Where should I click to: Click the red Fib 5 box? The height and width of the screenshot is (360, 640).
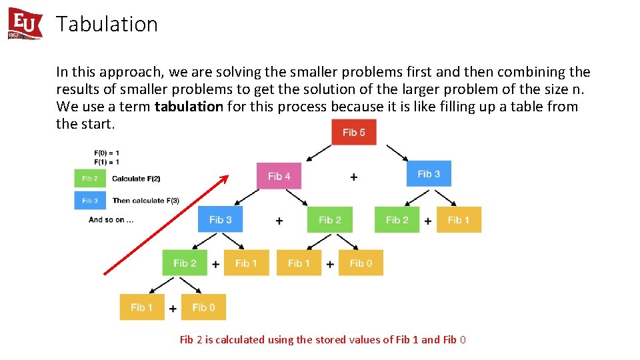(353, 132)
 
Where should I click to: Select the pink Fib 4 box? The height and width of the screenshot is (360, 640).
(279, 176)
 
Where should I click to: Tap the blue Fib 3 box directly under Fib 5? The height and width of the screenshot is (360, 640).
(429, 174)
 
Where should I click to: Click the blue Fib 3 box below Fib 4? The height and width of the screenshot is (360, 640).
(220, 219)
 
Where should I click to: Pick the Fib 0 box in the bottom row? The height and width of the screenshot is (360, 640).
(203, 307)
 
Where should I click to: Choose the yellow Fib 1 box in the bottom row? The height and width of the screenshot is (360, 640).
(141, 307)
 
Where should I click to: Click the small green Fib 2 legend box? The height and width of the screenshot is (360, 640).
(89, 179)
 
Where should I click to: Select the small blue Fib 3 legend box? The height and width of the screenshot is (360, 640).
(89, 201)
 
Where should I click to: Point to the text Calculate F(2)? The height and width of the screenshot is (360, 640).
(136, 179)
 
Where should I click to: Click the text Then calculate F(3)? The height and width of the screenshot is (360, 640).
(145, 201)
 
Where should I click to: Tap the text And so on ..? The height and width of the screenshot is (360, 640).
(111, 220)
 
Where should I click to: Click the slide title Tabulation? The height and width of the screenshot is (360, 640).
(107, 24)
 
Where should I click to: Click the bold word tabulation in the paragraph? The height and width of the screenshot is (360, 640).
(189, 107)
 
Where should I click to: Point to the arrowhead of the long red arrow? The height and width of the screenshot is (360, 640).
(225, 177)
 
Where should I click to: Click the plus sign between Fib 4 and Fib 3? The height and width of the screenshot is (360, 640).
(353, 177)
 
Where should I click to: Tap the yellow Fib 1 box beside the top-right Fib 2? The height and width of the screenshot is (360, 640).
(459, 219)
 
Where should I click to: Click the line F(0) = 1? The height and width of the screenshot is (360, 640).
(107, 153)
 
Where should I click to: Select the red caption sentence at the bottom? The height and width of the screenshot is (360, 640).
(323, 340)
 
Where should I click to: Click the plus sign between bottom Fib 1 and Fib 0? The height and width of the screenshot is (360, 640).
(173, 308)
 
